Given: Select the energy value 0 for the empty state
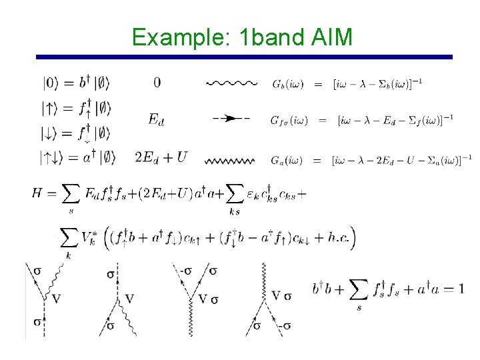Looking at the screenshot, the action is [157, 83].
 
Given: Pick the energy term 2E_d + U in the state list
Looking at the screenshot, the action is [161, 158].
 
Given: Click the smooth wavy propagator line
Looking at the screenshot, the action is [231, 83].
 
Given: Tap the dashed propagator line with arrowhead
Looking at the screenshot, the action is [231, 119].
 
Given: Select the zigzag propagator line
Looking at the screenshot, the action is [231, 160].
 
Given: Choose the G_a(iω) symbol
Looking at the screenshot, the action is [287, 160].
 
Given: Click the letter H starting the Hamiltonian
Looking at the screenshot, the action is [39, 193].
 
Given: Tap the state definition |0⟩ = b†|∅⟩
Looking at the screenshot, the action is [75, 83].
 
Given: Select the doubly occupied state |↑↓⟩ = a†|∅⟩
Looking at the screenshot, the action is [78, 158].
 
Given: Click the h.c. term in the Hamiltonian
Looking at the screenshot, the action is [339, 238].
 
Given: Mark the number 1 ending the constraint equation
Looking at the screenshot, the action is [461, 289].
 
